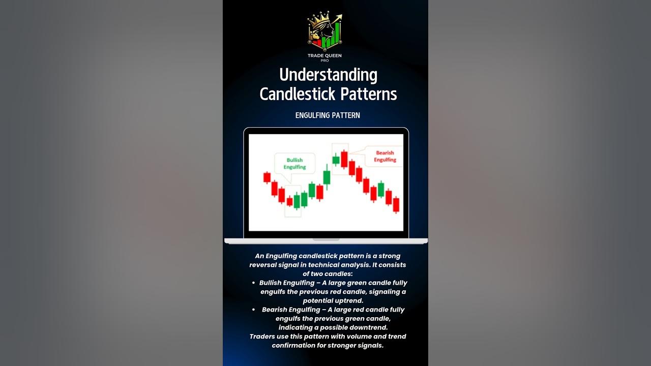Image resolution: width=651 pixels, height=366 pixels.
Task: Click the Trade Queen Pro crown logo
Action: (325, 32)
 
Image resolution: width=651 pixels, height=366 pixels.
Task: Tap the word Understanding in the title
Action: (328, 75)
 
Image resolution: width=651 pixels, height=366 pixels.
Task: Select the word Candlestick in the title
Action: (297, 94)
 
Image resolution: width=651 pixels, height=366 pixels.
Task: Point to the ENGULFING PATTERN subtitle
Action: (328, 115)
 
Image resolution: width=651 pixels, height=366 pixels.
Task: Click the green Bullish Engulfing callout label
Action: (294, 164)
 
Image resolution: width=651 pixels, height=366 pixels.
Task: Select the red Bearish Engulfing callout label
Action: (385, 156)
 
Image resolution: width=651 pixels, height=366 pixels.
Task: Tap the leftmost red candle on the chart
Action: (267, 177)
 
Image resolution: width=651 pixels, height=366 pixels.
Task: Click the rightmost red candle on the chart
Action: (396, 204)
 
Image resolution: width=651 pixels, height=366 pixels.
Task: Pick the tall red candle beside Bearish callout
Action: (344, 159)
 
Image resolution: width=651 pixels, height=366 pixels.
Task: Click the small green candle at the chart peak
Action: (336, 160)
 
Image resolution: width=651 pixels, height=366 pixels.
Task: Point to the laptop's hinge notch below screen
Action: (325, 239)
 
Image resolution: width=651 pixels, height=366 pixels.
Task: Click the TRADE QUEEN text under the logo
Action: (325, 55)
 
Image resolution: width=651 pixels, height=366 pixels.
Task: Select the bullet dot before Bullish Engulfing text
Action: (253, 283)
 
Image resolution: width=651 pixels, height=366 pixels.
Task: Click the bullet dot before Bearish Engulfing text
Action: (253, 310)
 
